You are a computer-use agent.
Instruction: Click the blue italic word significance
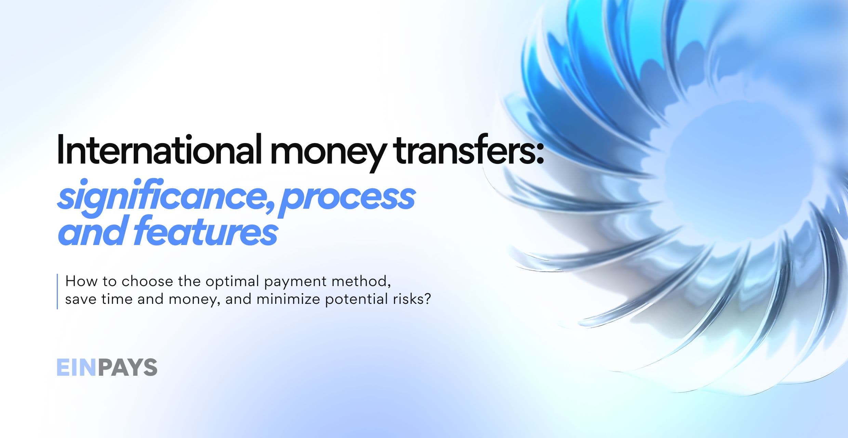161,196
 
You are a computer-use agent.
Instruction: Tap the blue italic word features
205,230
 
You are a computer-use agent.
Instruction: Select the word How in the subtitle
80,281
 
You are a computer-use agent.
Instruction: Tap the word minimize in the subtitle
288,299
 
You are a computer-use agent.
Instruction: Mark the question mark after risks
427,299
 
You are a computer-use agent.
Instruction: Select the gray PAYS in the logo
127,367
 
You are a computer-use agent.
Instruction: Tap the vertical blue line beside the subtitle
57,291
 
